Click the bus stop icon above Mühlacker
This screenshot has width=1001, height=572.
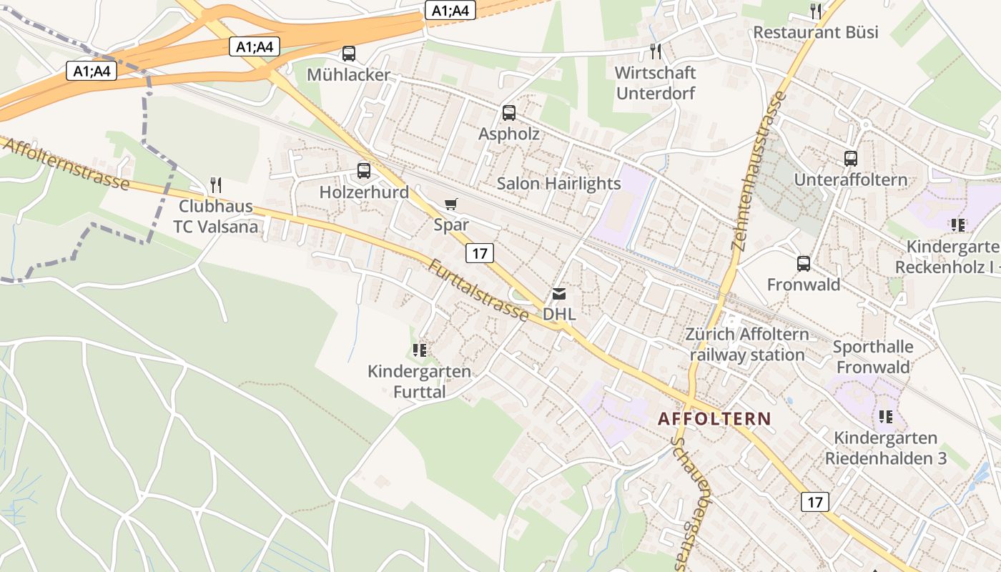[x=349, y=53]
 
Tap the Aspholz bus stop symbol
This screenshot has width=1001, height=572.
[x=509, y=112]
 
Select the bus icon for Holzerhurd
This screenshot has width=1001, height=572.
[x=364, y=170]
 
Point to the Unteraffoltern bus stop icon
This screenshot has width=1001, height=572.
[x=850, y=159]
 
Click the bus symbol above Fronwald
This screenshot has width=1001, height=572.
[x=804, y=264]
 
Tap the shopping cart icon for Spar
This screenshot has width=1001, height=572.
[x=450, y=204]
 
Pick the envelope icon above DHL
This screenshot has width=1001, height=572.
[x=558, y=294]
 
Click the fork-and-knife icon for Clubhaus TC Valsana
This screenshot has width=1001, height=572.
[x=216, y=185]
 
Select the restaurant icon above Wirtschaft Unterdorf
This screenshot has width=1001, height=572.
[x=655, y=51]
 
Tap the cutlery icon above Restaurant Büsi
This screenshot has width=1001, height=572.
[x=815, y=11]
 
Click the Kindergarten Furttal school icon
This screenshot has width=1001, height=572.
[x=420, y=350]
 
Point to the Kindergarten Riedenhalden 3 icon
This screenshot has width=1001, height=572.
[x=886, y=417]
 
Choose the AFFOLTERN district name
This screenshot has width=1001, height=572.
[x=714, y=419]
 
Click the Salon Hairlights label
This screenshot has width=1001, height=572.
[x=559, y=184]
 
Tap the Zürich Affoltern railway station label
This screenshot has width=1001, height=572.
[x=747, y=345]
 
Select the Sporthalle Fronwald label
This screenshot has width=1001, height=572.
[x=873, y=357]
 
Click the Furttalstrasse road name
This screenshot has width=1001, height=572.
[x=478, y=290]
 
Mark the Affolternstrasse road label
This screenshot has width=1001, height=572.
[x=66, y=164]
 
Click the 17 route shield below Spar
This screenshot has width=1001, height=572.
[x=480, y=252]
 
